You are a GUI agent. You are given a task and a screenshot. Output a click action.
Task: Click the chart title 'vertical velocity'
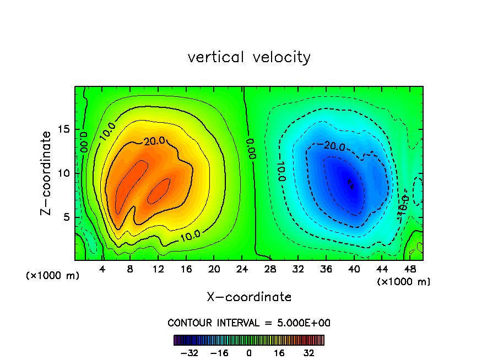pos(249,57)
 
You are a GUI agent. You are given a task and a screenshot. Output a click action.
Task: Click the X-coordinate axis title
pos(249,297)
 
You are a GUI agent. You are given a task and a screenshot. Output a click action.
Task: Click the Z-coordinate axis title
pos(47,173)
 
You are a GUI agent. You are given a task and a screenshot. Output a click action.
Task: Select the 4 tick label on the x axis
pos(102,269)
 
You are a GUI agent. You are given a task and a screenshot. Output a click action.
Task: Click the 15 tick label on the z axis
pos(65,129)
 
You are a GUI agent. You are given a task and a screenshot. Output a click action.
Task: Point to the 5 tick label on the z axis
pos(68,217)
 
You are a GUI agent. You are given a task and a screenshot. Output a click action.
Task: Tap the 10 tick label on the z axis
pos(65,173)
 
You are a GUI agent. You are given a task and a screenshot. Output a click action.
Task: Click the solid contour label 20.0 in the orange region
pos(154,141)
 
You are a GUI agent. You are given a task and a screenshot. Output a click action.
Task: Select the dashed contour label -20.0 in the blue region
pos(333,146)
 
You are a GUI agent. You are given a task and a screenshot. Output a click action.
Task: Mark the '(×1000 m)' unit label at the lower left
pos(53,276)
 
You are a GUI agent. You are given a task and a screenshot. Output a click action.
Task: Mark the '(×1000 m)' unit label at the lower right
pos(404,282)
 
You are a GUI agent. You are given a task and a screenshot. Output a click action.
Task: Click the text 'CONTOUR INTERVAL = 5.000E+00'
pos(249,323)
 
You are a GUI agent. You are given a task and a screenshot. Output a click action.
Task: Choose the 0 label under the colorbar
pos(249,353)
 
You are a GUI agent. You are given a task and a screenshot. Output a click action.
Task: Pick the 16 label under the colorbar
pos(279,353)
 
